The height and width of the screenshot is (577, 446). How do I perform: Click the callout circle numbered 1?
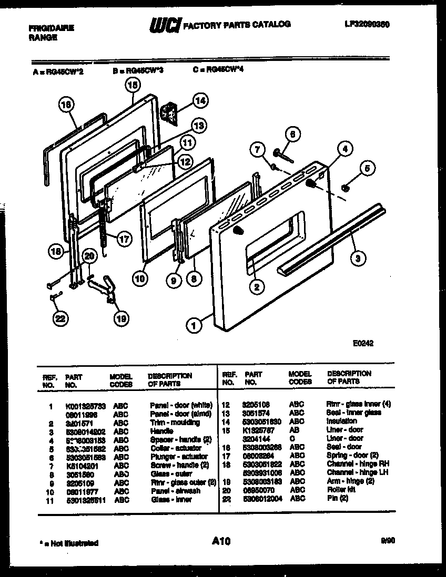point(194,326)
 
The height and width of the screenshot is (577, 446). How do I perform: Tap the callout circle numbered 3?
point(358,257)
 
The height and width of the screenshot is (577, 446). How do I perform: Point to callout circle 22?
point(60,318)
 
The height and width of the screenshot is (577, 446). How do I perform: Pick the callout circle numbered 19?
point(121,317)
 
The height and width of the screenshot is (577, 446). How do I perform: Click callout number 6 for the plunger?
point(293,134)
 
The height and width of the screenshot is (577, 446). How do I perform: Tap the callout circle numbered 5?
point(367,168)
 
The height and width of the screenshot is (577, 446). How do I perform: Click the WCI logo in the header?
point(165,24)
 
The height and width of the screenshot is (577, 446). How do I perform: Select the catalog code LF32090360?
point(367,24)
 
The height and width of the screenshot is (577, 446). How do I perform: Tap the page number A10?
point(221,541)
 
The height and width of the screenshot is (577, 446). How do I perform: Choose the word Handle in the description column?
point(161,431)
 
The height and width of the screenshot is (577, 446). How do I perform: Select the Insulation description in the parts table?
point(341,421)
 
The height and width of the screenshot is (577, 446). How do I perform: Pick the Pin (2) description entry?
point(337,498)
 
